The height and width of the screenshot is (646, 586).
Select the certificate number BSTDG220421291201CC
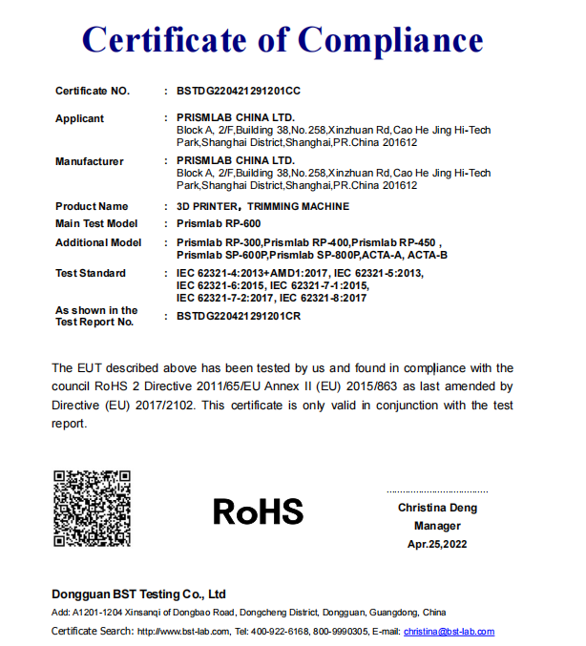[x=240, y=91]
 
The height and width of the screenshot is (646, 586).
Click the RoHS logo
[x=258, y=511]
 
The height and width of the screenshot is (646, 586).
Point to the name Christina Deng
[x=437, y=508]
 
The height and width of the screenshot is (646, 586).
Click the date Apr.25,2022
[x=437, y=544]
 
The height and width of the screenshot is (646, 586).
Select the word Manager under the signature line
[x=437, y=526]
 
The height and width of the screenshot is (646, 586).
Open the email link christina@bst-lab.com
[x=449, y=632]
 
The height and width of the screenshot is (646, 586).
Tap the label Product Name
[x=92, y=206]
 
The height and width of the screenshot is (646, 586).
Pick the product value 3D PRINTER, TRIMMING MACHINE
[x=263, y=206]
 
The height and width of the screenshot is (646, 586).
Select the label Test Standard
[x=91, y=273]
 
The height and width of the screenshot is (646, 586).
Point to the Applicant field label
[x=80, y=118]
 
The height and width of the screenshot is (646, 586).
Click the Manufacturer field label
[x=90, y=161]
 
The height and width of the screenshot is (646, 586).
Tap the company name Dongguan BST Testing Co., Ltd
[x=138, y=594]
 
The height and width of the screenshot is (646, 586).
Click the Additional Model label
[x=98, y=242]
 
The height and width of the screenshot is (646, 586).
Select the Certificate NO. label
[x=92, y=91]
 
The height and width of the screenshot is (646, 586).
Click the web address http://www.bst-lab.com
[x=184, y=632]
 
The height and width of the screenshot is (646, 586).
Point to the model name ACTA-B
[x=429, y=255]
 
